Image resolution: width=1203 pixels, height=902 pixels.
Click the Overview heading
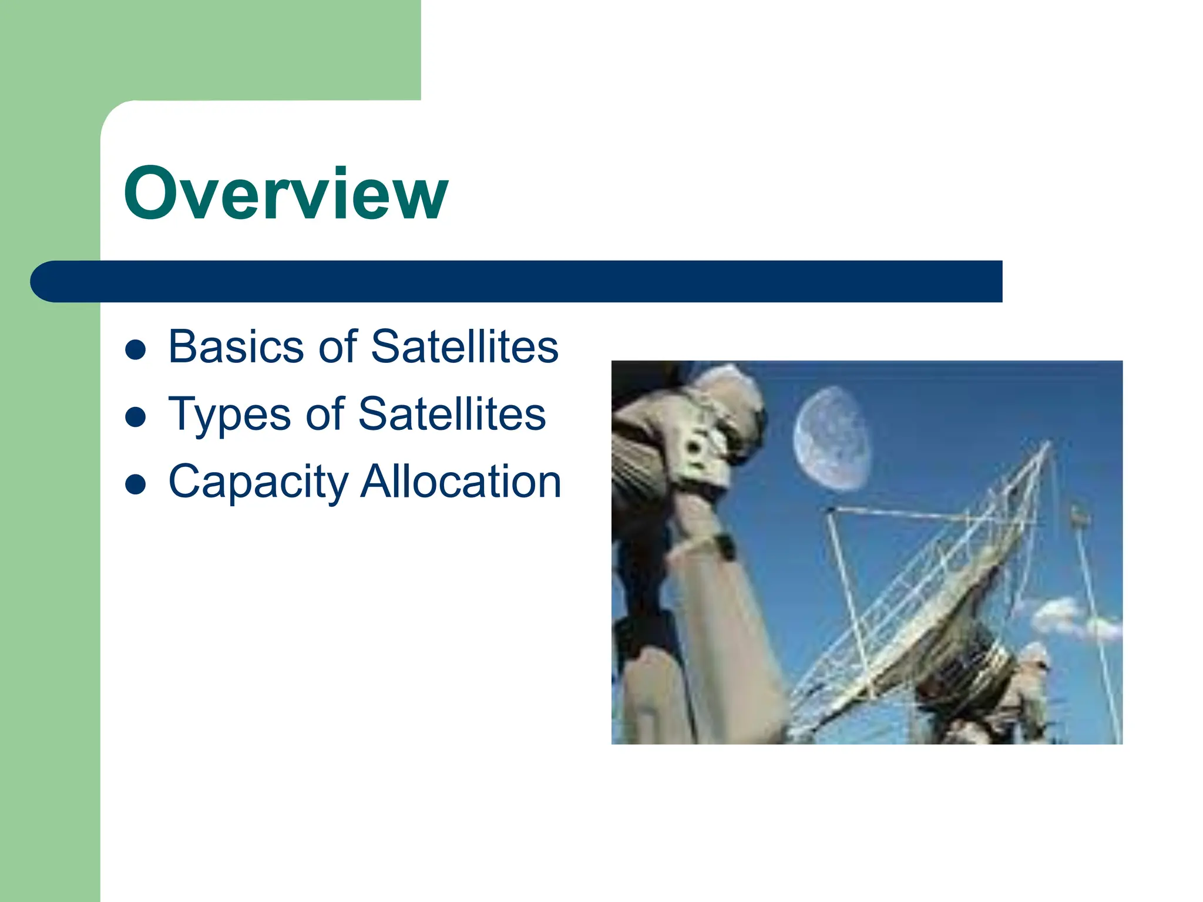[x=286, y=194]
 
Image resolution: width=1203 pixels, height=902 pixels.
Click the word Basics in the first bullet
[x=233, y=346]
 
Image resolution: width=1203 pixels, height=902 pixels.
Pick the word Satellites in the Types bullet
[x=452, y=413]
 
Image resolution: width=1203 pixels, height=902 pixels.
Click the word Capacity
[x=258, y=482]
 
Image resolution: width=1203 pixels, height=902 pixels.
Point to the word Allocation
[x=461, y=482]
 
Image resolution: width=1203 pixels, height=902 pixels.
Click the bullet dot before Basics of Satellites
[x=136, y=350]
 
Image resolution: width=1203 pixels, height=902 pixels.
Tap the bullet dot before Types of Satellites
[x=136, y=418]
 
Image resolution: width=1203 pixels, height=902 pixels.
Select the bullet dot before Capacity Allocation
[x=136, y=485]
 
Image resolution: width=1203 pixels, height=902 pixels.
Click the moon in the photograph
[x=831, y=439]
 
